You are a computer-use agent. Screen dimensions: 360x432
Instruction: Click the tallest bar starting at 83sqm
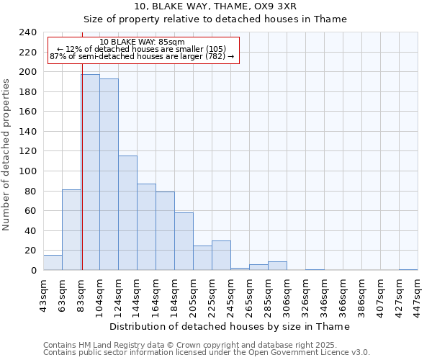pyautogui.click(x=90, y=173)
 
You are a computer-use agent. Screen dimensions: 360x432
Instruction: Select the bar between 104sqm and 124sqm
pyautogui.click(x=109, y=175)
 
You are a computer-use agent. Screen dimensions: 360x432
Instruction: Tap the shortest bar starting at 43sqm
pyautogui.click(x=53, y=263)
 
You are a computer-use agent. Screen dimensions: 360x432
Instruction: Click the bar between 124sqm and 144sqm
pyautogui.click(x=127, y=213)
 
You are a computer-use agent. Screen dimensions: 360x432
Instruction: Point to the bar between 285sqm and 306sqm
pyautogui.click(x=277, y=266)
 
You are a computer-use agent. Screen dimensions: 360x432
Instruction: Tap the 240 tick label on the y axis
pyautogui.click(x=28, y=32)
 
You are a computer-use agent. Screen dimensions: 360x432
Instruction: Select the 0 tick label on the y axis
pyautogui.click(x=33, y=271)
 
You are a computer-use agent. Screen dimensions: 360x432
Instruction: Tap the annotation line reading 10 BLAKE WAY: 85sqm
pyautogui.click(x=142, y=42)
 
